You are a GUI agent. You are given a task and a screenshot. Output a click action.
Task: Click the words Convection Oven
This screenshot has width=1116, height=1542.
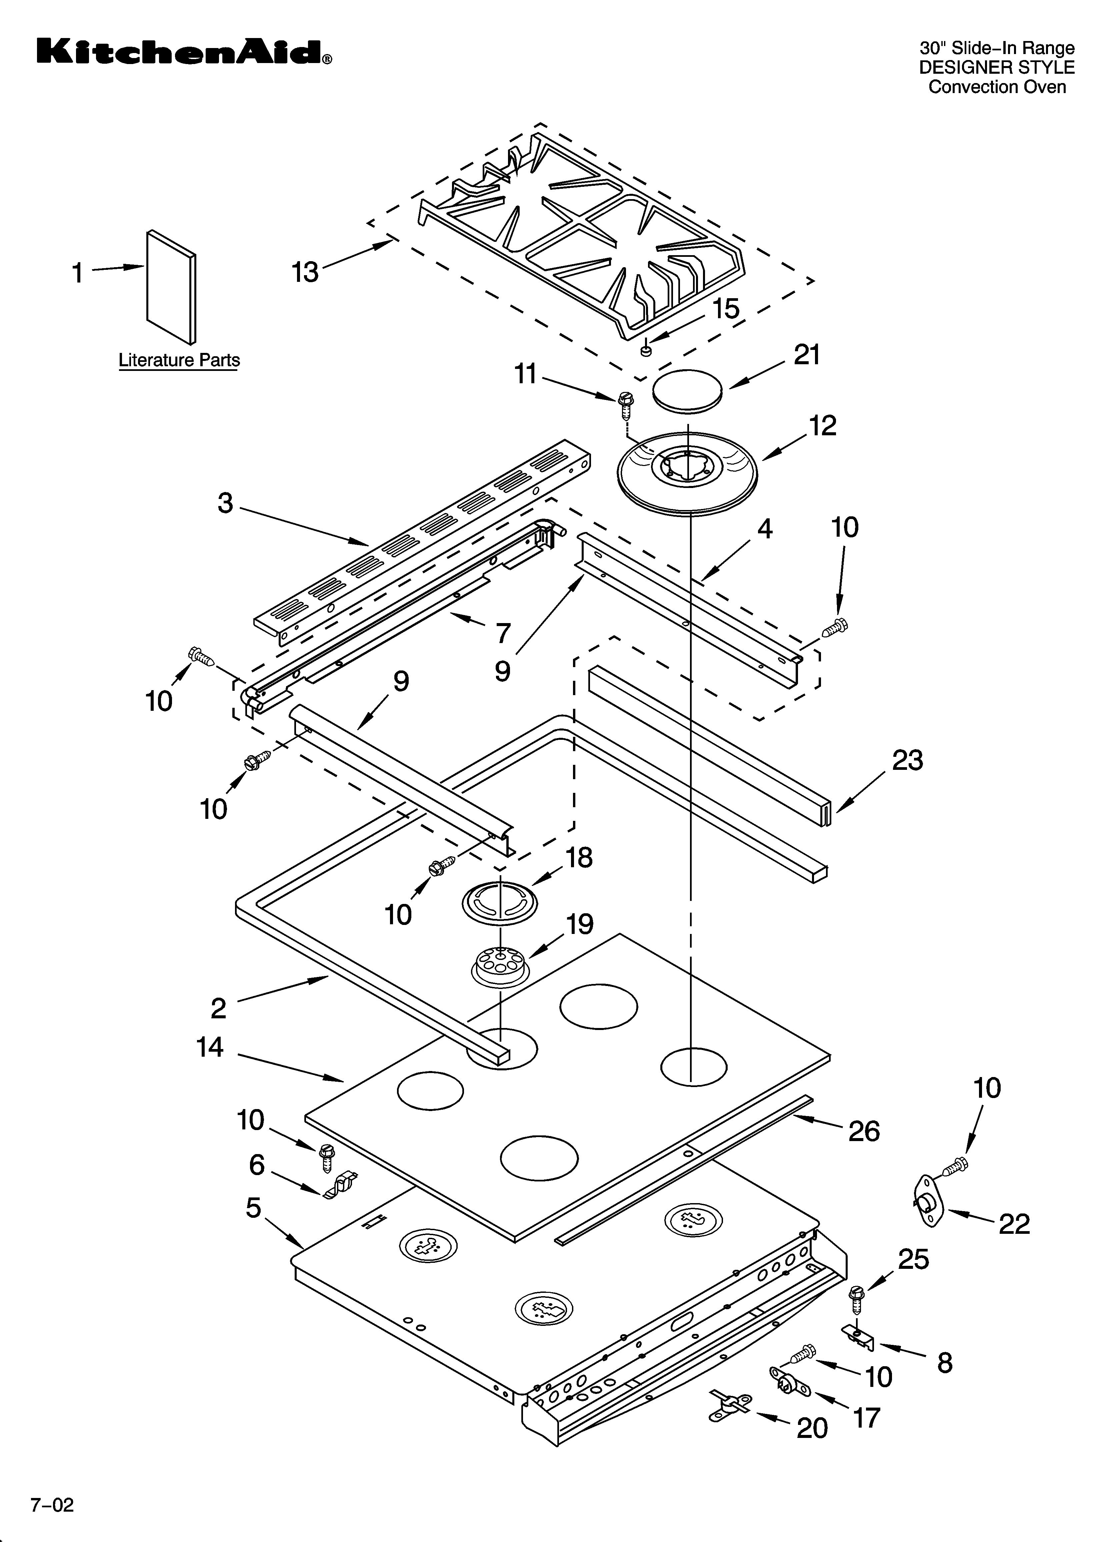(997, 87)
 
